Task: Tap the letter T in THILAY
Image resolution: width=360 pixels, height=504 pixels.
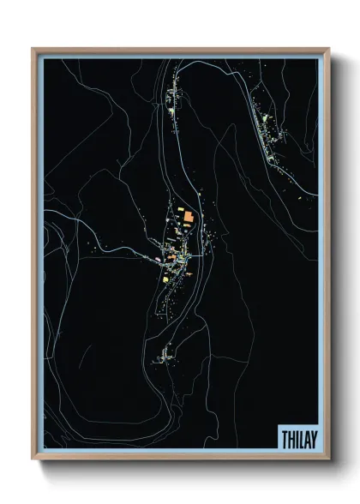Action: tap(285, 438)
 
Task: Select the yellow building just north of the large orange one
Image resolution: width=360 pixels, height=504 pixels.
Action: tap(180, 208)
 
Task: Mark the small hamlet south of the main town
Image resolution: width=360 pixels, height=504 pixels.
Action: tap(163, 353)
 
